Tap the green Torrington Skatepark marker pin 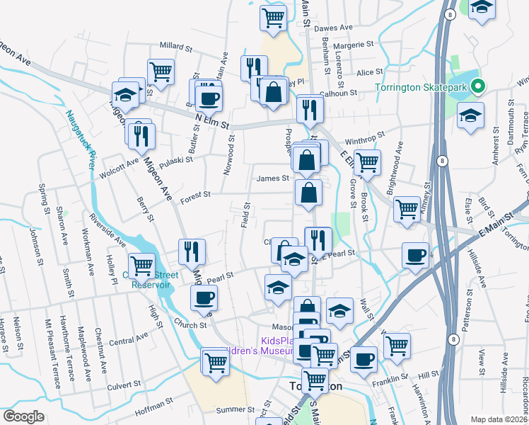(x=478, y=87)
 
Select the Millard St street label (x=176, y=47)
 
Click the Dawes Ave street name (x=333, y=28)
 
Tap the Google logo (x=24, y=416)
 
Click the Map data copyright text (x=499, y=419)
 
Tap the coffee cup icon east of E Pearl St (x=415, y=256)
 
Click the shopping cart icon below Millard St (x=161, y=72)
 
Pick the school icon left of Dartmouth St (x=470, y=116)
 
